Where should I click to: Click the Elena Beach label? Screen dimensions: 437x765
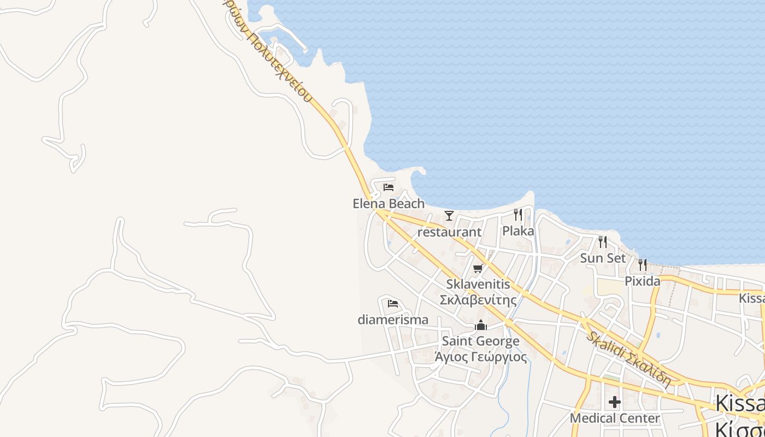(x=389, y=204)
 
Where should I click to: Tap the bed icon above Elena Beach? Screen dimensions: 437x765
(x=389, y=187)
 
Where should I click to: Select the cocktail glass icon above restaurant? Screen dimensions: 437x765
(x=449, y=216)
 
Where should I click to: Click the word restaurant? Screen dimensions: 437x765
(x=449, y=232)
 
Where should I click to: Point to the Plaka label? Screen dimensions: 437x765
(x=518, y=231)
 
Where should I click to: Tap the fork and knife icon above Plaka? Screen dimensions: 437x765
(x=518, y=215)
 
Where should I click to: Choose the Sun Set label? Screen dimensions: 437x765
(x=603, y=258)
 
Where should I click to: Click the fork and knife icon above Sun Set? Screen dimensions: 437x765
(x=603, y=241)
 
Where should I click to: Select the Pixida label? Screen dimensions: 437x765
(x=643, y=281)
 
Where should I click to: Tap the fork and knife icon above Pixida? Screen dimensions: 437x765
(x=643, y=265)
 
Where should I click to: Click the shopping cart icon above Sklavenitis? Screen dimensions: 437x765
(x=478, y=268)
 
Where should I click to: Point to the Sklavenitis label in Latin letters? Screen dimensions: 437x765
(x=478, y=284)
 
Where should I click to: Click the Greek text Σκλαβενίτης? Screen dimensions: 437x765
(x=478, y=300)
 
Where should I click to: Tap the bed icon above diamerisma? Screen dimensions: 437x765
(x=393, y=304)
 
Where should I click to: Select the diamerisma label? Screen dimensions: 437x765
(x=393, y=320)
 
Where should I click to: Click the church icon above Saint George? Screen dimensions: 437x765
(x=481, y=326)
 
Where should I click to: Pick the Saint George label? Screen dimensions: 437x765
(x=481, y=341)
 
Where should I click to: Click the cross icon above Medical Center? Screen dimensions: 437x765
(x=615, y=403)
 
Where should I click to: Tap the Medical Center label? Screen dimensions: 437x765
(x=615, y=418)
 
